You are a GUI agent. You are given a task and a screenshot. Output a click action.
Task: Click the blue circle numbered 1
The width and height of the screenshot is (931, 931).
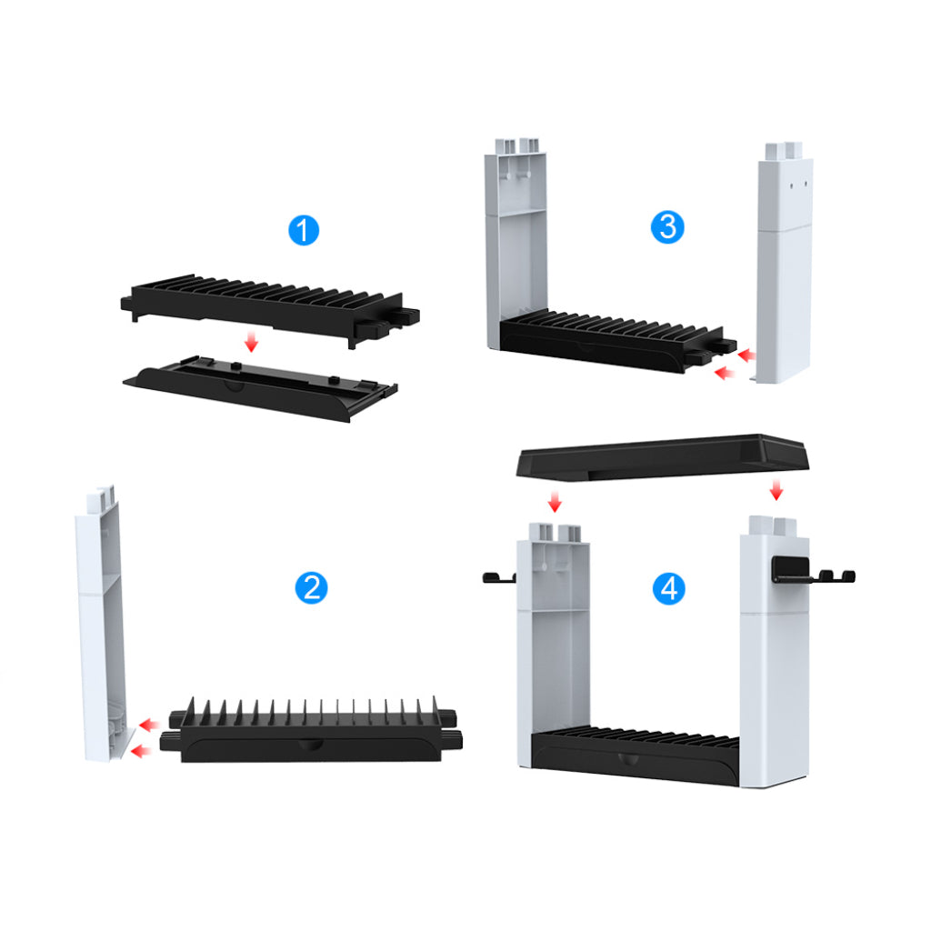tap(303, 230)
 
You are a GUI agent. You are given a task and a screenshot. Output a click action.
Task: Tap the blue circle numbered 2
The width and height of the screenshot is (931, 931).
tap(311, 588)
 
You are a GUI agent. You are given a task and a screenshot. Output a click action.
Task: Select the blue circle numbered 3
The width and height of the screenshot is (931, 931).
tap(668, 226)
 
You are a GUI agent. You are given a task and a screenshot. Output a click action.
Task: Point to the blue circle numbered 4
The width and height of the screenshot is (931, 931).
tap(669, 589)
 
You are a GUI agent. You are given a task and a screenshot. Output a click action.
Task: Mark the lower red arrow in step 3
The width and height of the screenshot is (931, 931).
tap(725, 372)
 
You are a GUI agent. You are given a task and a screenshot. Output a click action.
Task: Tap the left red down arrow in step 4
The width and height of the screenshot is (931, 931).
tap(556, 501)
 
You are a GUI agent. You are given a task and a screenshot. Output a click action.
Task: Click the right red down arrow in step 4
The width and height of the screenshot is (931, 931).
tap(776, 490)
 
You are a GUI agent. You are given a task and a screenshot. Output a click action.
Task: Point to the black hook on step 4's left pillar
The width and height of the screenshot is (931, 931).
tap(497, 577)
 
